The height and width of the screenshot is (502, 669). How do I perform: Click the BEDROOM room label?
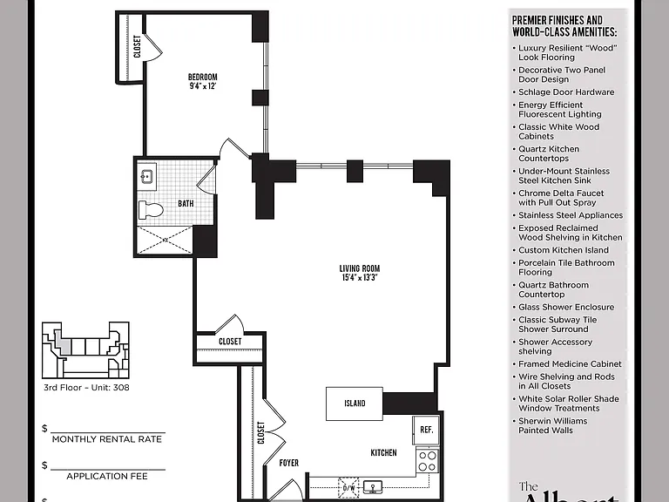(203, 77)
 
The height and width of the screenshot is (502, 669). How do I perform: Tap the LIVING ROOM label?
(359, 268)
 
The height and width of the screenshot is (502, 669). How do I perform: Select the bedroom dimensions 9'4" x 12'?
(203, 85)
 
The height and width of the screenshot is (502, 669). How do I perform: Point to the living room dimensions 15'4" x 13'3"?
(359, 277)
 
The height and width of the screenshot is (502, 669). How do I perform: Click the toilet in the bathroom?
(151, 209)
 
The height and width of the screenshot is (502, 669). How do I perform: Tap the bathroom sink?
(146, 176)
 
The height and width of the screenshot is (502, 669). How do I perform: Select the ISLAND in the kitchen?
(355, 404)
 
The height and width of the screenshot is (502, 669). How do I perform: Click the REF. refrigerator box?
(426, 431)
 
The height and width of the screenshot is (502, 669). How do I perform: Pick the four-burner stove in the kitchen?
(427, 460)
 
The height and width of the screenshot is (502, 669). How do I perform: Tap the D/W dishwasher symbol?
(348, 487)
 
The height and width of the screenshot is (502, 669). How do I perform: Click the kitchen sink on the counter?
(373, 486)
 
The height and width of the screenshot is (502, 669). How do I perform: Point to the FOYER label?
(289, 463)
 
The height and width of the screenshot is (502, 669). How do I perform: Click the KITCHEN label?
(383, 452)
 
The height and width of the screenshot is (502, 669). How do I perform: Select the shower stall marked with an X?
(165, 240)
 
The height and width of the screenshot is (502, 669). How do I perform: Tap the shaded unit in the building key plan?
(63, 343)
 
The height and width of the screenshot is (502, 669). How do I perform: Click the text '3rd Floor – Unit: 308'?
(86, 388)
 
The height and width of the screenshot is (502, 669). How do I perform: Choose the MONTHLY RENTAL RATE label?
(106, 439)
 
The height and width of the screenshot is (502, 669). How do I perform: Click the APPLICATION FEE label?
(106, 476)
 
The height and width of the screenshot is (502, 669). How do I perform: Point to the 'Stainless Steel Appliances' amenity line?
(568, 215)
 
